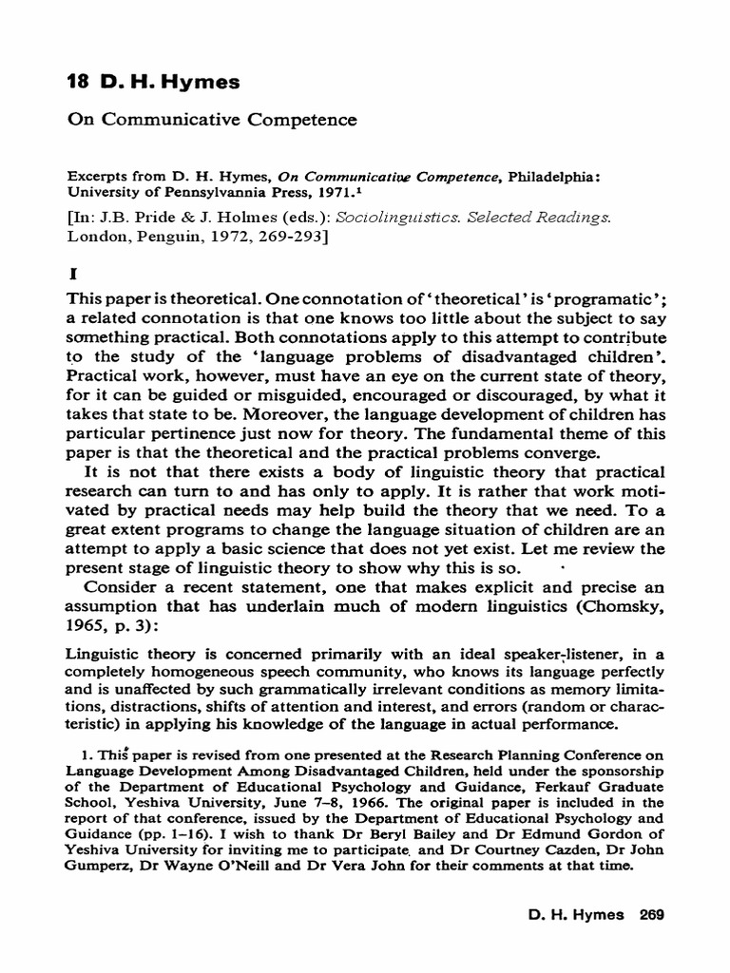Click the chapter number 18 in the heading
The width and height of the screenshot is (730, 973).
[78, 83]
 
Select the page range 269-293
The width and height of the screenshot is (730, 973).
[285, 237]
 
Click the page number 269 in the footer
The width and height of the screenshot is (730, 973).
[650, 914]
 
